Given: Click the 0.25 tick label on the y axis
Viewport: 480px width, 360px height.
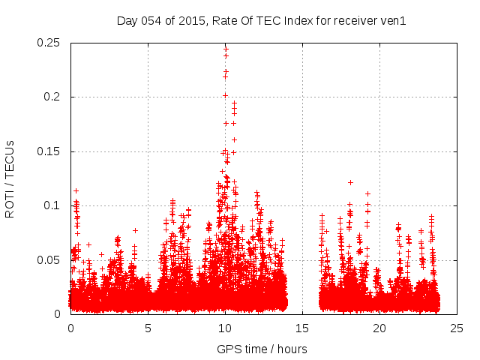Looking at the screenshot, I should [x=49, y=43].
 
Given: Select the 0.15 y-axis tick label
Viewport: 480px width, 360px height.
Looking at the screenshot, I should [x=49, y=151].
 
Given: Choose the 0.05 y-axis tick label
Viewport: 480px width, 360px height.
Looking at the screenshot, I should [x=49, y=260].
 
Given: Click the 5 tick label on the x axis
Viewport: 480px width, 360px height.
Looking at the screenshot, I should [x=148, y=328].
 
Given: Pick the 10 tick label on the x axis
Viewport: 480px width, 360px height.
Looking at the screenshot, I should [x=226, y=328].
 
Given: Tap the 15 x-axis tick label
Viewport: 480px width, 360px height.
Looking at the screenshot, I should [x=303, y=328].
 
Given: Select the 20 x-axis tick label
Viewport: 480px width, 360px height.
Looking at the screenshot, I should [x=380, y=328].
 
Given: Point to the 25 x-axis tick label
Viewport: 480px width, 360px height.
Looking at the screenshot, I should [x=457, y=328].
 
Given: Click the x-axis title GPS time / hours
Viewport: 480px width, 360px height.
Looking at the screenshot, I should [x=262, y=349].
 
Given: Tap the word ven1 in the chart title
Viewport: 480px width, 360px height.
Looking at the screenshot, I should [x=392, y=20].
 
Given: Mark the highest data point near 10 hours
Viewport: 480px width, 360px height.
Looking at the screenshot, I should [x=226, y=49].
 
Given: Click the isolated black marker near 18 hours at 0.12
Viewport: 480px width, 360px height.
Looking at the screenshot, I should [x=350, y=182].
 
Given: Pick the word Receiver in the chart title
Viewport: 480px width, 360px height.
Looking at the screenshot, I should [x=353, y=20].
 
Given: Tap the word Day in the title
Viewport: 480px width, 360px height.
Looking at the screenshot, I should [x=127, y=20].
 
